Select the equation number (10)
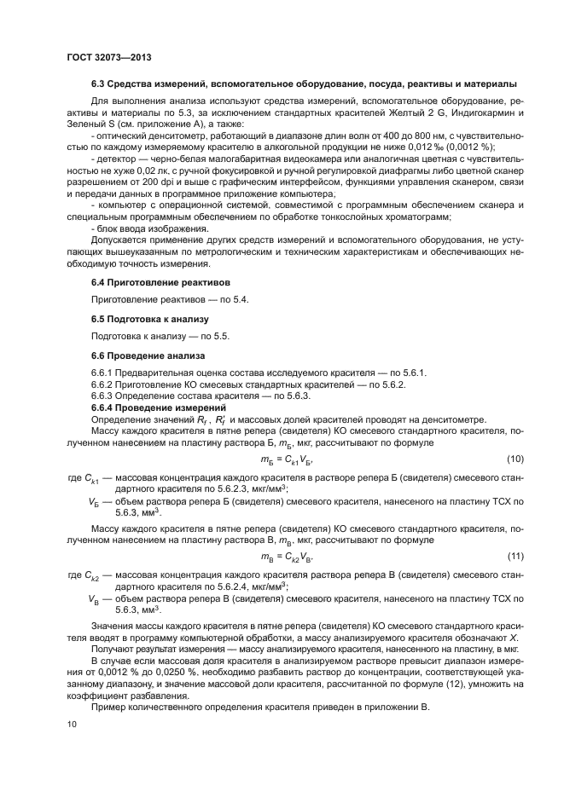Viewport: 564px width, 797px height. [515, 459]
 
